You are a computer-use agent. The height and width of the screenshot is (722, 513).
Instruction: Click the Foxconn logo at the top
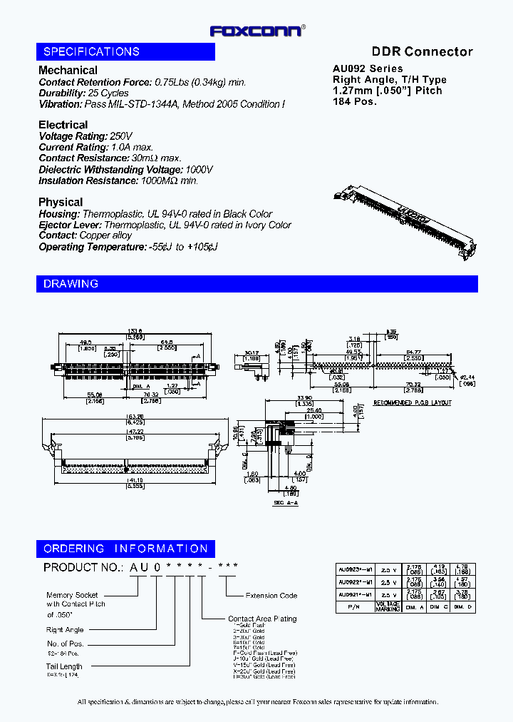pos(257,31)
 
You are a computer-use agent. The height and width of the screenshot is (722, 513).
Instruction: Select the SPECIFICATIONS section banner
pos(126,52)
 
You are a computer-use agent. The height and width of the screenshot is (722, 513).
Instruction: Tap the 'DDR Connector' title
pos(422,51)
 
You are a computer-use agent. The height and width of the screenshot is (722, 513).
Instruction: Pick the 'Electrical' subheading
pos(63,125)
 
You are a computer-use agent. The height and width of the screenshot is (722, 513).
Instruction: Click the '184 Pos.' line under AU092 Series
pos(355,101)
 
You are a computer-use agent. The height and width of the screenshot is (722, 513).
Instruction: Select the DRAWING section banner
pos(256,284)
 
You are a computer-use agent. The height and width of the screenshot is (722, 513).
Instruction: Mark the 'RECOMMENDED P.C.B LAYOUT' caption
pos(413,403)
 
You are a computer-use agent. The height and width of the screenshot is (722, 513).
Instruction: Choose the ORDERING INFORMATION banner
pos(126,549)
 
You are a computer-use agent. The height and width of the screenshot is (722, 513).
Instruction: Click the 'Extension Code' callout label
pos(271,595)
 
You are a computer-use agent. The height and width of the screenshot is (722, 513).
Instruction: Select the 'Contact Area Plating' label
pos(262,619)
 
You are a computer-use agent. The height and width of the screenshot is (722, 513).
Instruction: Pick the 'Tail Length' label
pos(65,666)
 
